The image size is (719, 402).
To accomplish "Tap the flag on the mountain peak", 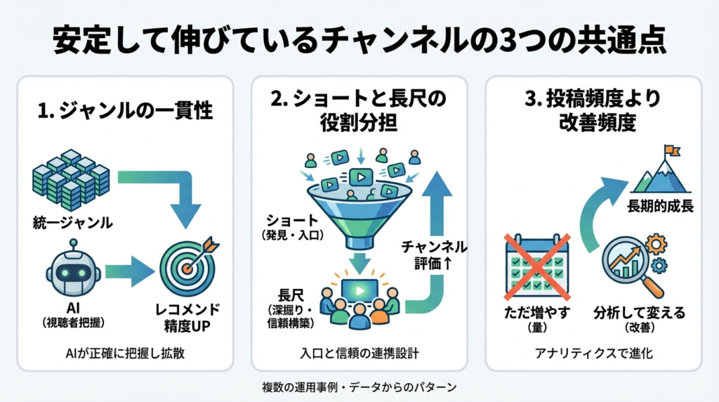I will click(671, 150).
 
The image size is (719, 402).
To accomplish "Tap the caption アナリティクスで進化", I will click(593, 354).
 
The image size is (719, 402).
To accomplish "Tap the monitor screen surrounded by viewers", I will click(359, 289).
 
